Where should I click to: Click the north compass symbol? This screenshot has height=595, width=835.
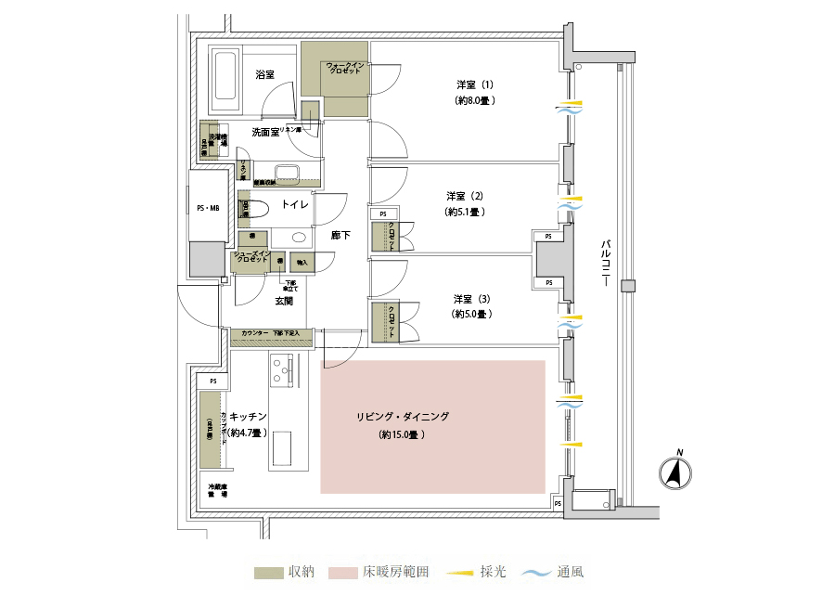676,474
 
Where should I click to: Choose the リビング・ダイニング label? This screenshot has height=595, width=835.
402,417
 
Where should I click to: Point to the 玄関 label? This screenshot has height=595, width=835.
284,301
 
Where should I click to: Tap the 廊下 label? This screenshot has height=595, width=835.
341,236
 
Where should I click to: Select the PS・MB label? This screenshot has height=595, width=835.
208,209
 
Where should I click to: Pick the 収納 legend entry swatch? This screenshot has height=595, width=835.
268,572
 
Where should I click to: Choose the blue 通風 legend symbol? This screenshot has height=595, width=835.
536,572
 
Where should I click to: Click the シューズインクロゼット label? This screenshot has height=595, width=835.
250,256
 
